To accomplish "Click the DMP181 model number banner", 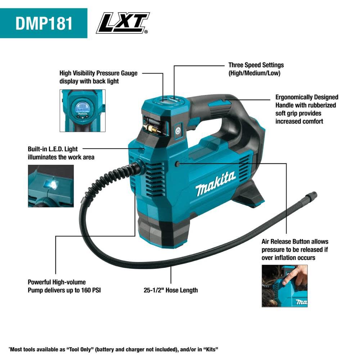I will click(44, 23).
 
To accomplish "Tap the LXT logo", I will click(123, 23).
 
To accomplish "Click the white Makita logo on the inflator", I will click(216, 183).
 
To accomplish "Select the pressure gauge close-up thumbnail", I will click(82, 111).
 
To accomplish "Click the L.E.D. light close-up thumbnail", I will click(51, 186).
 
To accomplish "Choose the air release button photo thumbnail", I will click(284, 286).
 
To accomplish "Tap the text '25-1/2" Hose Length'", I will click(171, 290).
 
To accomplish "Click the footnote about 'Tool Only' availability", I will click(114, 349).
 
